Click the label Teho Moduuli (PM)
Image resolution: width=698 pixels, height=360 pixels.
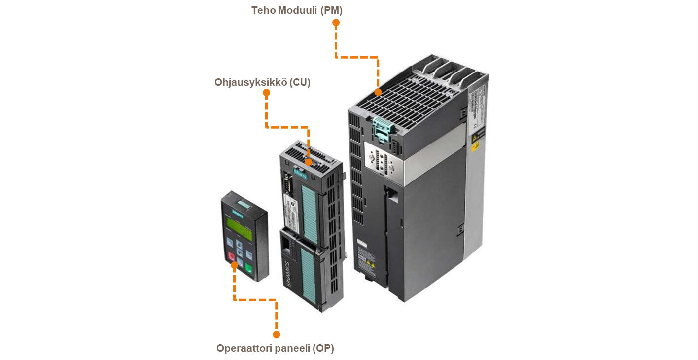(297, 10)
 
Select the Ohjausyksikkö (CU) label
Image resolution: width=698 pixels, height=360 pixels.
(262, 82)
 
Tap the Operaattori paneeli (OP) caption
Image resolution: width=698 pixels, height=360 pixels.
(275, 348)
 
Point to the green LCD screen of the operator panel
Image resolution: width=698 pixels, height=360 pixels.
(239, 229)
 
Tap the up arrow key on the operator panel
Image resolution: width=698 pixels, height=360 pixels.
(240, 244)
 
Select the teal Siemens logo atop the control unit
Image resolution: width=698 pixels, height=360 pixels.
(300, 174)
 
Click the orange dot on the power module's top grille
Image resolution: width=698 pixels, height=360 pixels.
(378, 92)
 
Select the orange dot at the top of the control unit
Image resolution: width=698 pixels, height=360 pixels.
(308, 162)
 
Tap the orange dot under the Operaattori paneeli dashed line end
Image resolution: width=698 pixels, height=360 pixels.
(276, 335)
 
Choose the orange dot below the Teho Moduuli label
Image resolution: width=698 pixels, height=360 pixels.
(336, 23)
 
